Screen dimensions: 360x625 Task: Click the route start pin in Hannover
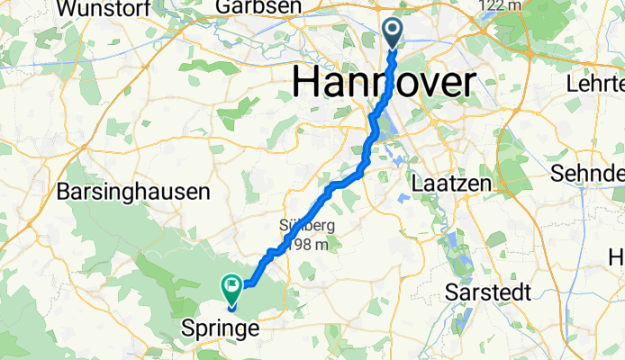click(394, 33)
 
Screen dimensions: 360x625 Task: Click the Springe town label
click(221, 328)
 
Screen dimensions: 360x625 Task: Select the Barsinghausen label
click(133, 192)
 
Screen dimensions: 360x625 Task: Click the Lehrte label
click(595, 84)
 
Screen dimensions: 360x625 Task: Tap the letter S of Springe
click(189, 328)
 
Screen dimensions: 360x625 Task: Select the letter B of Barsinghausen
click(63, 192)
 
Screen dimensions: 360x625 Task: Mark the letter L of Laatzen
click(417, 183)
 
